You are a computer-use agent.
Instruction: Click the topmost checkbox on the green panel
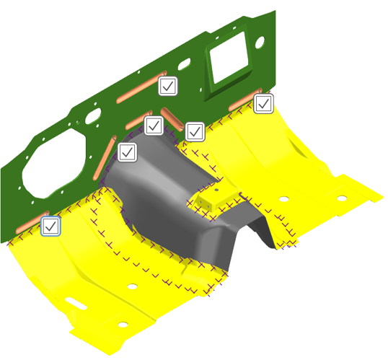pos(168,87)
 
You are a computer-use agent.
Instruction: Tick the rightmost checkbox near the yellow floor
pos(263,104)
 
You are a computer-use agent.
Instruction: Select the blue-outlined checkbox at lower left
pos(50,226)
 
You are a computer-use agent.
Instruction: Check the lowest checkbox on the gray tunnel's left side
pos(128,152)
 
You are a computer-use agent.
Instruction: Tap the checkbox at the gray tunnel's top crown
pos(153,126)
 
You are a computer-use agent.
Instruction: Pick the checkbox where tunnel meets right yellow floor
pos(195,131)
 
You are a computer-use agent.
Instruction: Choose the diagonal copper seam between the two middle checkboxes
pos(174,118)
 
